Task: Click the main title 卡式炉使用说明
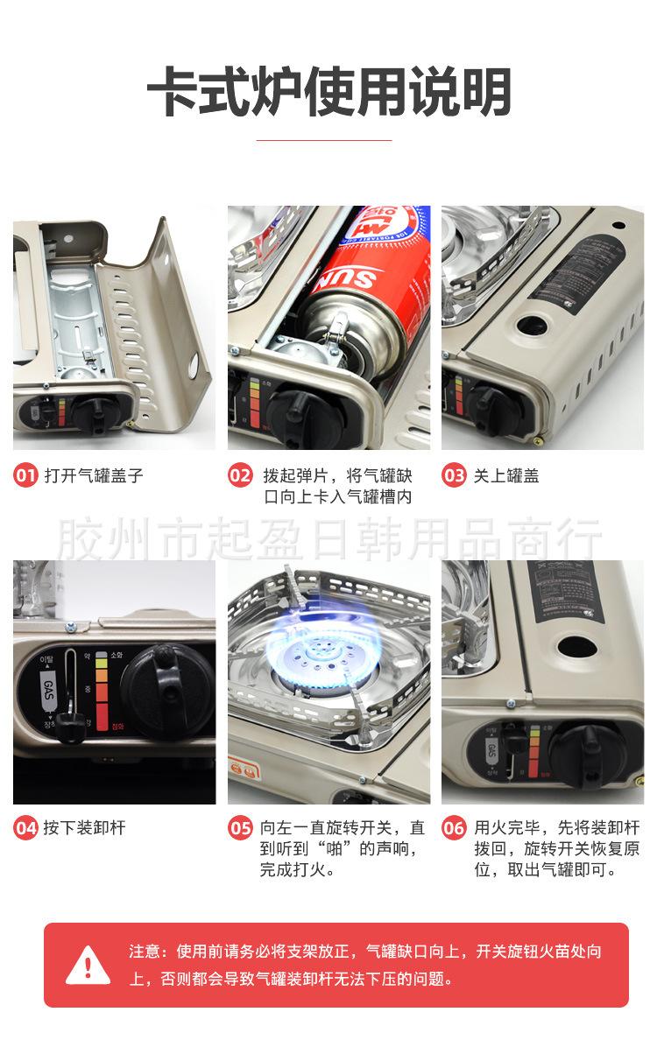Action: [328, 93]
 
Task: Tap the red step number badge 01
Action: [25, 476]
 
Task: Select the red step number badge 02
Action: [240, 476]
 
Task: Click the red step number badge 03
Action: [454, 476]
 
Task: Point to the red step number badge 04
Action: [25, 827]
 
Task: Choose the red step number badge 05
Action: [240, 827]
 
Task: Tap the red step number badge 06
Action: [454, 827]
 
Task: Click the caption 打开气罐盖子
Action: [94, 476]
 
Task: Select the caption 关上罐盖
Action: [506, 476]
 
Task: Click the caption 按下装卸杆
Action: [85, 827]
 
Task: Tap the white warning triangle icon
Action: [88, 965]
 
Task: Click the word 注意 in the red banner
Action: [145, 952]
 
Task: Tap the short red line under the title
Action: [328, 139]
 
